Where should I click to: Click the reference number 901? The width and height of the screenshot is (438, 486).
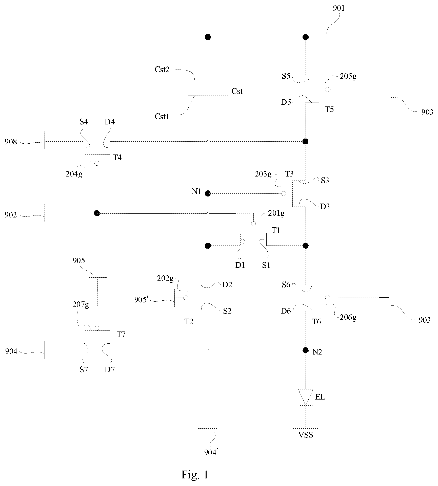pos(339,8)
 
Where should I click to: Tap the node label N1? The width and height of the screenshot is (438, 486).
pos(196,191)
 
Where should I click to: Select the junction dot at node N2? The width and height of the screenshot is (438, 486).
pos(306,350)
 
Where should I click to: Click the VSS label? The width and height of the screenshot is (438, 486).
pos(305,435)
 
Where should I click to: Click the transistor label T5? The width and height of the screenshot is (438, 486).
pos(329,109)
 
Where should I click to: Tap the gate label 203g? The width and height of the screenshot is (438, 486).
pos(263,174)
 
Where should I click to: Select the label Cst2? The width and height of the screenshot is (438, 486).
pos(162,70)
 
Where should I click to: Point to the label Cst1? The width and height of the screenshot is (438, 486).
pos(162,116)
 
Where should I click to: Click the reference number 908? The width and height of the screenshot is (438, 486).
pos(11,142)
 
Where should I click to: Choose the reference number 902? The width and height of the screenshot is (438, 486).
pos(11,215)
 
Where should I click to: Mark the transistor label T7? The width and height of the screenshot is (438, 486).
pos(121,335)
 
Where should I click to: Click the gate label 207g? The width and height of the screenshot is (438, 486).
pos(81,305)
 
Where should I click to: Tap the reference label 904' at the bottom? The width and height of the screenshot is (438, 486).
pos(211,452)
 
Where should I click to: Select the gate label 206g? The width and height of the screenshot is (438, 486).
pos(348,317)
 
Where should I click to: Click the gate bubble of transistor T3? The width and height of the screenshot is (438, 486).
pos(284,194)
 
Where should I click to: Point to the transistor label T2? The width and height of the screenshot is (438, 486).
pos(189,321)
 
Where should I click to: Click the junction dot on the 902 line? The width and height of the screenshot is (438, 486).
pos(97,213)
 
